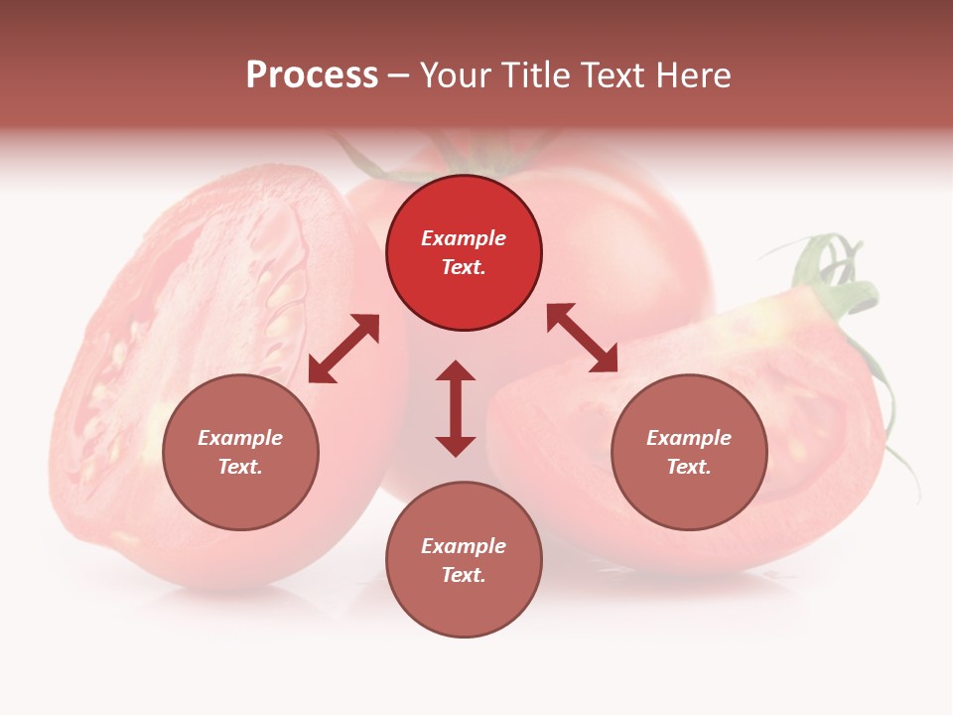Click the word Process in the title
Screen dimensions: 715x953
[x=312, y=75]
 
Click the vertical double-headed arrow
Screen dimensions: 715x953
[x=456, y=408]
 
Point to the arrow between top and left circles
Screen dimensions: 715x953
[x=343, y=349]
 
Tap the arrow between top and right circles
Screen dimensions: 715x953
[x=582, y=338]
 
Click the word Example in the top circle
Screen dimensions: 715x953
[x=464, y=238]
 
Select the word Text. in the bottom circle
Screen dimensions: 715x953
[x=464, y=575]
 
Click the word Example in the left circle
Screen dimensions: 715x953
[x=240, y=438]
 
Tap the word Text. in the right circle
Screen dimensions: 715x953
[x=689, y=467]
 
